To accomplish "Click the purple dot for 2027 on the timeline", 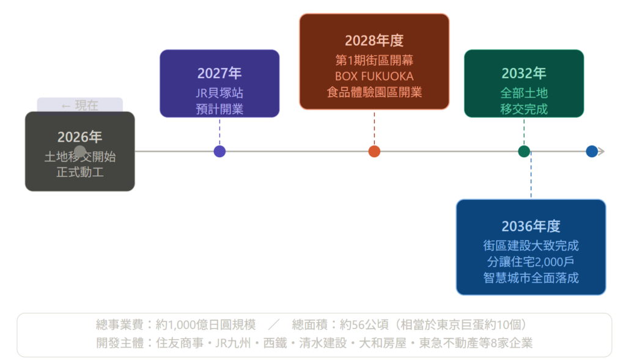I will (219, 152).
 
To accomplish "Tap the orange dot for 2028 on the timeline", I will (374, 152).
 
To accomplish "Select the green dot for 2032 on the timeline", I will (524, 152).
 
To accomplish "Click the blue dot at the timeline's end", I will (591, 152).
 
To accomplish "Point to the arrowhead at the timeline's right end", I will (602, 152).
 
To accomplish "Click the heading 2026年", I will (79, 138).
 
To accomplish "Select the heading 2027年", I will (219, 74).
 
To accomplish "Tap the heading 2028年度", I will (374, 41).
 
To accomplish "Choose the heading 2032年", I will (524, 74).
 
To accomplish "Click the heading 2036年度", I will (531, 227).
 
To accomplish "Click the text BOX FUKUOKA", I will (374, 76).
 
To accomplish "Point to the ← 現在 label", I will (79, 105).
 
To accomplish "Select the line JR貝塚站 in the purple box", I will (219, 94).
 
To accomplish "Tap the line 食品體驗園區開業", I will (374, 92).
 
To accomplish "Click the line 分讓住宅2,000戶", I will (531, 262).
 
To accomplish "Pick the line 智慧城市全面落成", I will (531, 277).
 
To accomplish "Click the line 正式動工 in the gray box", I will (79, 172).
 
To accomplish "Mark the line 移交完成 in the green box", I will (524, 109).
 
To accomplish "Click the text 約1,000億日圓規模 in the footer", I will (205, 325).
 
